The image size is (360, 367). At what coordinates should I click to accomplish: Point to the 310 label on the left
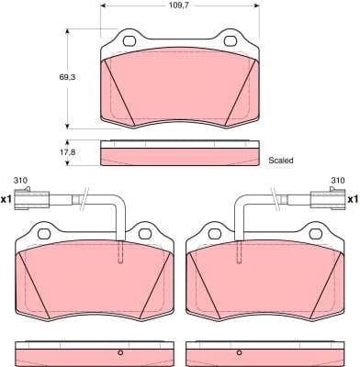pyautogui.click(x=20, y=179)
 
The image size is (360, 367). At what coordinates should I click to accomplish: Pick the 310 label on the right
pyautogui.click(x=336, y=179)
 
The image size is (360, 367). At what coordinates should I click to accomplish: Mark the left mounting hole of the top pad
pyautogui.click(x=129, y=41)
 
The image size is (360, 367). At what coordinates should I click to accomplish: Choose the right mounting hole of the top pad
pyautogui.click(x=229, y=41)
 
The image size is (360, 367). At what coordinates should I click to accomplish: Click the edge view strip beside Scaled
pyautogui.click(x=180, y=154)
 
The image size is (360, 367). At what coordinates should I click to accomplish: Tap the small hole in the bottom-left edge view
pyautogui.click(x=118, y=354)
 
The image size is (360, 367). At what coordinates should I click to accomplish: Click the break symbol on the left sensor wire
pyautogui.click(x=84, y=195)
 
